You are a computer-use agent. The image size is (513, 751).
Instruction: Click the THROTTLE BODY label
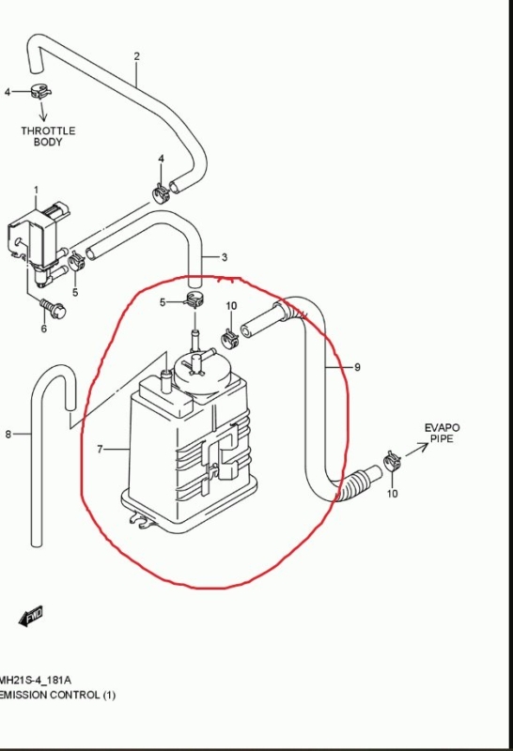pyautogui.click(x=48, y=136)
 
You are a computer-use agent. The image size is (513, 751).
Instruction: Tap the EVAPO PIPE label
pyautogui.click(x=442, y=433)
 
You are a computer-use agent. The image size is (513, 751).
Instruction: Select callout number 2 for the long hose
pyautogui.click(x=136, y=56)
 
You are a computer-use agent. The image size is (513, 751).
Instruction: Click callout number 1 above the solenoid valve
pyautogui.click(x=36, y=191)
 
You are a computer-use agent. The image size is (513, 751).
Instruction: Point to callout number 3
pyautogui.click(x=225, y=257)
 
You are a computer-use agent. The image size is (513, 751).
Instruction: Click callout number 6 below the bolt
pyautogui.click(x=43, y=329)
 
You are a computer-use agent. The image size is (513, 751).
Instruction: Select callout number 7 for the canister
pyautogui.click(x=100, y=450)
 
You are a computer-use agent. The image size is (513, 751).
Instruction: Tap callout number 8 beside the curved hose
pyautogui.click(x=8, y=435)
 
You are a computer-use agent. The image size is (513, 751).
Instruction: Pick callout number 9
pyautogui.click(x=357, y=367)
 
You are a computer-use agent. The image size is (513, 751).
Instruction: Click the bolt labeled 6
pyautogui.click(x=53, y=308)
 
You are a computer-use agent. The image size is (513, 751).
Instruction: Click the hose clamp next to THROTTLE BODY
pyautogui.click(x=40, y=91)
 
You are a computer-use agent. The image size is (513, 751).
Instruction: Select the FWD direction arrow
pyautogui.click(x=31, y=616)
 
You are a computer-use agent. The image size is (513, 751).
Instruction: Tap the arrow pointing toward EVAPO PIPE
pyautogui.click(x=416, y=450)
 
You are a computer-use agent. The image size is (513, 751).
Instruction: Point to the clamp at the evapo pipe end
pyautogui.click(x=392, y=461)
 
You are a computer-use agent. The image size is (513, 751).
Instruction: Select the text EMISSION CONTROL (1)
pyautogui.click(x=57, y=695)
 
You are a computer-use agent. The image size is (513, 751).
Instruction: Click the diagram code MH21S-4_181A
pyautogui.click(x=36, y=680)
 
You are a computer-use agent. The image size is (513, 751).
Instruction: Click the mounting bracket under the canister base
pyautogui.click(x=143, y=521)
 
